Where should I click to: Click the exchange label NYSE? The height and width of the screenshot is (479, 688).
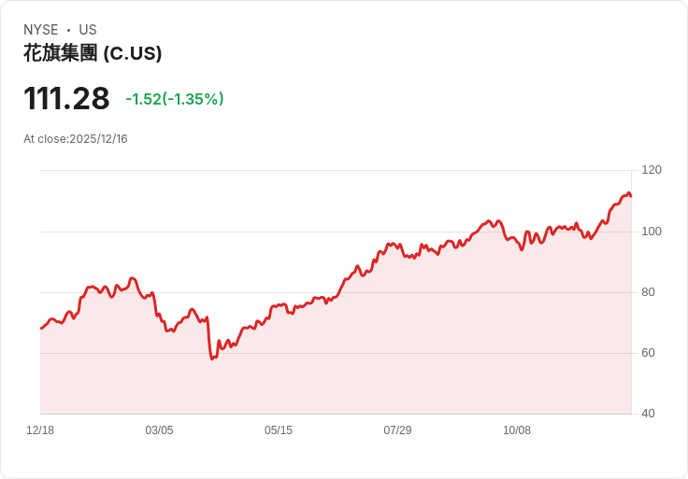[x=41, y=30]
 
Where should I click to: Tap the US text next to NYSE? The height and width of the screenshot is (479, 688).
[x=88, y=30]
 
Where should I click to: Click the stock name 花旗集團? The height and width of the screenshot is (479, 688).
[x=60, y=53]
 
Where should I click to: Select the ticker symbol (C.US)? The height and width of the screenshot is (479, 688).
[x=132, y=53]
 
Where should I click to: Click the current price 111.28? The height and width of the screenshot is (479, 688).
[x=66, y=99]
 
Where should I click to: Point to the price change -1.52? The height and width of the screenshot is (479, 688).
[x=143, y=99]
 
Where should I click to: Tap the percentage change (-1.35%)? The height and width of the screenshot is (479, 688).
[x=193, y=99]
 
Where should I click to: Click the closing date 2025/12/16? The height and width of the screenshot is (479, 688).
[x=98, y=139]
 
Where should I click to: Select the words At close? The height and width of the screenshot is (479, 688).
[x=44, y=139]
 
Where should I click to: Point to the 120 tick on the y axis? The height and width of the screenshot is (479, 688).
[x=652, y=170]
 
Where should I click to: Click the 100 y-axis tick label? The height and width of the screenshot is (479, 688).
[x=652, y=231]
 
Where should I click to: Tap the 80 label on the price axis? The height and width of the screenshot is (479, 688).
[x=649, y=292]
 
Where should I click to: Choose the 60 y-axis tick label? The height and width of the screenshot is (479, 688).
[x=649, y=353]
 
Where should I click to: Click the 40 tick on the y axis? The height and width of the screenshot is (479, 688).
[x=649, y=414]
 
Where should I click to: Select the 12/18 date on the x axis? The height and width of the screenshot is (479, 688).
[x=40, y=430]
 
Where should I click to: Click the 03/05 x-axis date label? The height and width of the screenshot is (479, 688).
[x=159, y=430]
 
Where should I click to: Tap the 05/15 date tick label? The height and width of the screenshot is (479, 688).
[x=279, y=430]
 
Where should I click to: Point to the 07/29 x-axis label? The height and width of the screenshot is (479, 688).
[x=397, y=430]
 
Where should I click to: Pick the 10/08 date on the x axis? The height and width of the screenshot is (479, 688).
[x=517, y=430]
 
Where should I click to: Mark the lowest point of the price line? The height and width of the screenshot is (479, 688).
[x=213, y=358]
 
